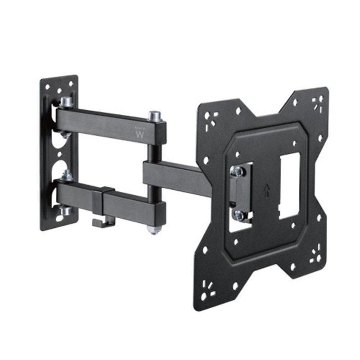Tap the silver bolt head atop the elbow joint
tap(154, 116)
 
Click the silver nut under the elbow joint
tap(154, 229)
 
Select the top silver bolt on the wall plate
tap(66, 102)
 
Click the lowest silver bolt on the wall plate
tap(66, 210)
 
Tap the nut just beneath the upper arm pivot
tap(66, 134)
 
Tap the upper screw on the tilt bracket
tap(238, 171)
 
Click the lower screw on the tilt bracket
tap(238, 215)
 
